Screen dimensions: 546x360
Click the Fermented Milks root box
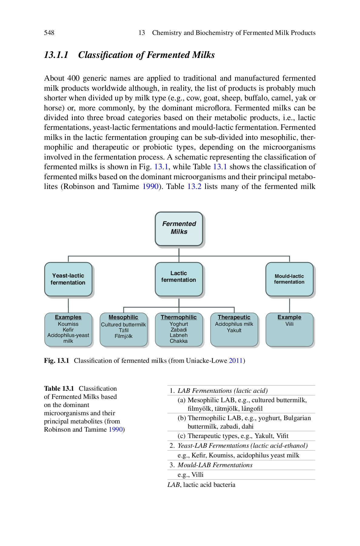point(179,228)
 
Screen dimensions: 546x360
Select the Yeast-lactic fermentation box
point(68,279)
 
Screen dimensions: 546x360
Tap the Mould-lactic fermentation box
point(289,279)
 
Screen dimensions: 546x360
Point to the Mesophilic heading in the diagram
point(123,317)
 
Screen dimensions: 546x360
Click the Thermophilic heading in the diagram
point(179,317)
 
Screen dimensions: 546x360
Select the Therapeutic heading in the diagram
point(234,317)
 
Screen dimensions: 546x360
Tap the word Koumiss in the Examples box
point(68,324)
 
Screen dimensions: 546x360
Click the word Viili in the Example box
point(289,324)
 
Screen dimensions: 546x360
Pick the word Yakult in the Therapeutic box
point(234,330)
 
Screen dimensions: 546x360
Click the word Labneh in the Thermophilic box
point(179,335)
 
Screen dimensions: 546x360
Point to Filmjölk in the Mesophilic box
point(123,336)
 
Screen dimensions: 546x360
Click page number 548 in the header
point(49,33)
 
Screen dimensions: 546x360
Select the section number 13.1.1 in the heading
point(56,55)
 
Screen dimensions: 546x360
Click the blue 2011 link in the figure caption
point(236,361)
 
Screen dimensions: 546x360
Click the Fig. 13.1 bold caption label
point(57,361)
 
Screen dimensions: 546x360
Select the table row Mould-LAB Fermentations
point(215,465)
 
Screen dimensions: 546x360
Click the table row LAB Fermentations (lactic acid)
point(222,391)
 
